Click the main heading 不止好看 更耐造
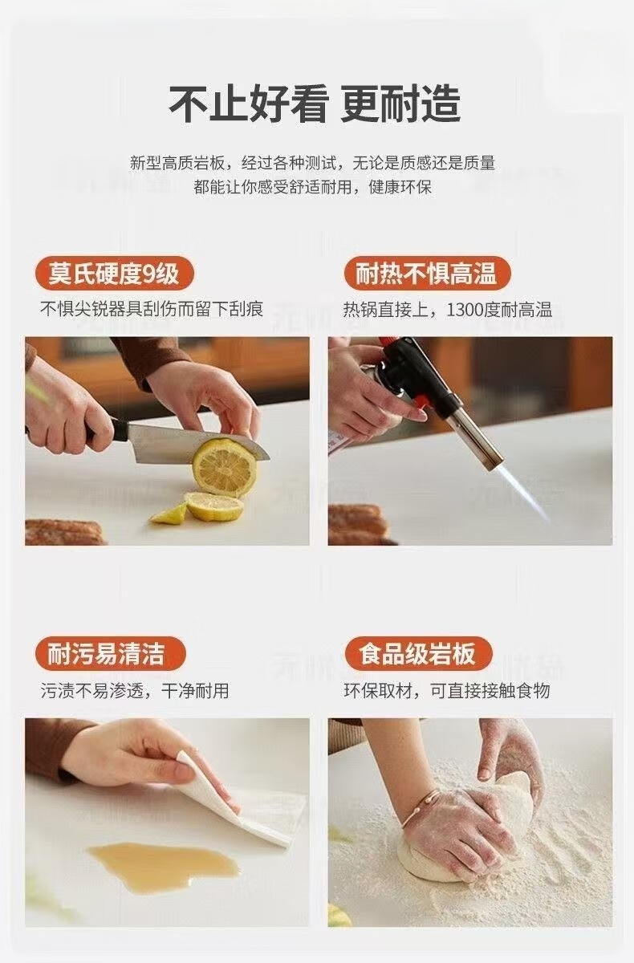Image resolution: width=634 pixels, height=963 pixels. [315, 104]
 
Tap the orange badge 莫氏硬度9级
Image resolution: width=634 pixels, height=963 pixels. [114, 274]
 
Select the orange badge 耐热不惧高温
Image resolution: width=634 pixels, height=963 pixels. [427, 274]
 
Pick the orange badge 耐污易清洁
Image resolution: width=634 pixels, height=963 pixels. [110, 654]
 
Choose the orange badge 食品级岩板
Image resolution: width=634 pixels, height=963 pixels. [418, 654]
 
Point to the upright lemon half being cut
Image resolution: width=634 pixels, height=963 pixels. [224, 467]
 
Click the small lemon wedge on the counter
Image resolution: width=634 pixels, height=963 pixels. [169, 514]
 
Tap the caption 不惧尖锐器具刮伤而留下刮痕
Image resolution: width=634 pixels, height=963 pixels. [152, 310]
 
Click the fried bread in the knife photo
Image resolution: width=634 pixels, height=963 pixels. [64, 532]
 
